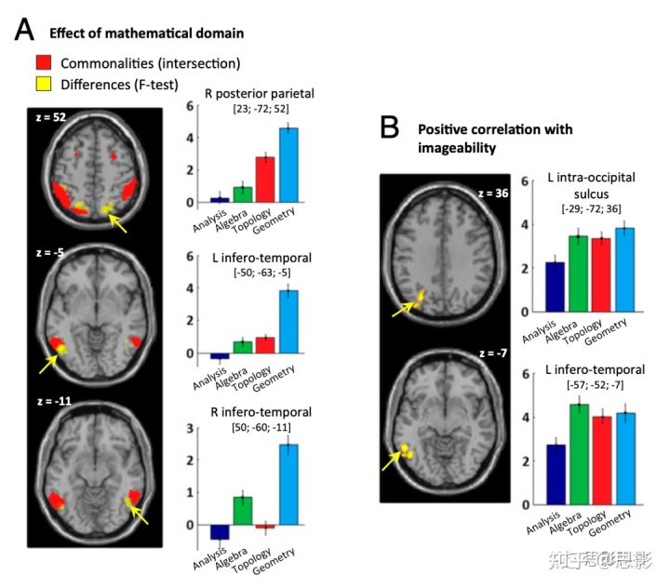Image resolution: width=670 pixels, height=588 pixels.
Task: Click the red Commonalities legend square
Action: (x=43, y=63)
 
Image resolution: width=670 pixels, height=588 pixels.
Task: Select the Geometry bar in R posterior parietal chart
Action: (x=288, y=165)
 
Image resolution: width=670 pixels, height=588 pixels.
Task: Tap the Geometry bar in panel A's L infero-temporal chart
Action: (x=288, y=322)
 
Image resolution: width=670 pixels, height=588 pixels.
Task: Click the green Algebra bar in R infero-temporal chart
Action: (x=242, y=511)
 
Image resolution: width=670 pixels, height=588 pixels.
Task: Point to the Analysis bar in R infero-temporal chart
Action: (x=220, y=532)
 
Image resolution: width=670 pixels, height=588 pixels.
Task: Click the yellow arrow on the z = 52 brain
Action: (x=117, y=221)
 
